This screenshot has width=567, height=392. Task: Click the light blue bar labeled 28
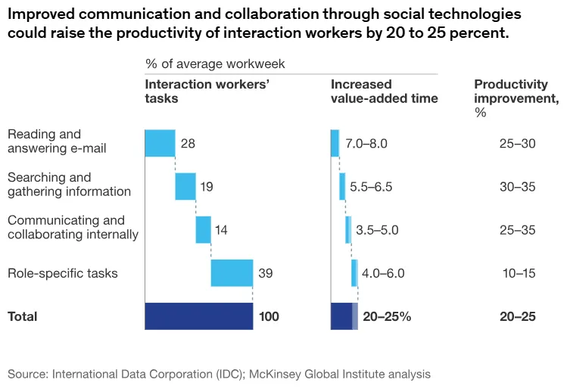tap(160, 143)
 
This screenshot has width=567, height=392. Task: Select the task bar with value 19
tap(185, 186)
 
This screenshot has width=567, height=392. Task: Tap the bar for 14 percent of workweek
tap(203, 229)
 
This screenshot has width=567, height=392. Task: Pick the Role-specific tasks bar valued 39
tap(232, 272)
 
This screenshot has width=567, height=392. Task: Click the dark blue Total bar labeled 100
tap(198, 316)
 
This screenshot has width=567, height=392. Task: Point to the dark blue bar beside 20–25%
tap(341, 316)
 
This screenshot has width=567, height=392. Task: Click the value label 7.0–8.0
tap(366, 143)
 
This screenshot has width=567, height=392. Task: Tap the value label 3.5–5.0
tap(377, 229)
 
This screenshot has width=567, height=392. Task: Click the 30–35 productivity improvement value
tap(518, 186)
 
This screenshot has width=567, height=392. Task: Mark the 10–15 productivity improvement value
tap(519, 272)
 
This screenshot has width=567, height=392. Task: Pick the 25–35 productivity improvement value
tap(518, 229)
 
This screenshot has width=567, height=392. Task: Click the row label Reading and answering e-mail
tap(57, 142)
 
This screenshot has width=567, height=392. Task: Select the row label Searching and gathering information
tap(69, 185)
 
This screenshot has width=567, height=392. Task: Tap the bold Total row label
tap(22, 316)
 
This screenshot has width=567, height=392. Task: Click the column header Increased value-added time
tap(384, 92)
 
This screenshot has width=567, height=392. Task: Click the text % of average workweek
tap(215, 64)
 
